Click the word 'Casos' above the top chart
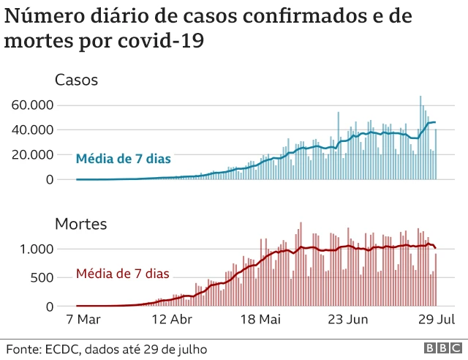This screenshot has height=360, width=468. (x=77, y=80)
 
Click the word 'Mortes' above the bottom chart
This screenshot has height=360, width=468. (x=81, y=224)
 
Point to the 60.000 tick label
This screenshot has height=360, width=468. (x=32, y=105)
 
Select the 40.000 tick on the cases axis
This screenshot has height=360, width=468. (x=32, y=130)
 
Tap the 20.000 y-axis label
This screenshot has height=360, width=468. (x=32, y=155)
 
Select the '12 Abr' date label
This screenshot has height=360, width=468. (x=172, y=320)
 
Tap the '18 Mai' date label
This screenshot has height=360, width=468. (x=260, y=320)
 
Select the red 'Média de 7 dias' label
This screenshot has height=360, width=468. (x=122, y=274)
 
